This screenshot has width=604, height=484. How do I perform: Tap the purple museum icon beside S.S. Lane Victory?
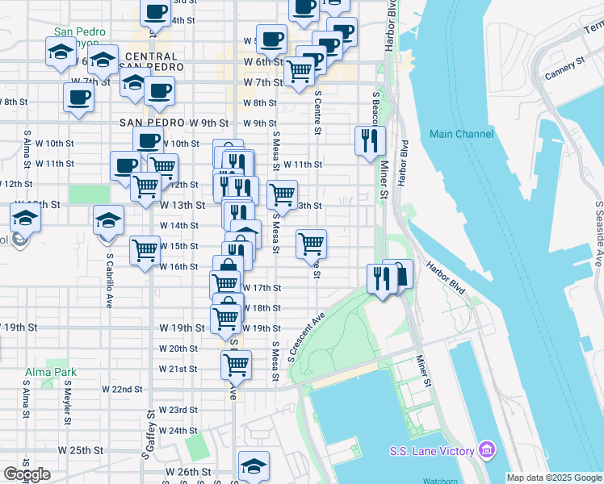486,449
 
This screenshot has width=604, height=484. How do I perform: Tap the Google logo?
27,474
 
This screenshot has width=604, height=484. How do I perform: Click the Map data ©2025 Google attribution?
554,478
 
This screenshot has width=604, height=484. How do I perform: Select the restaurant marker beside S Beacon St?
370,140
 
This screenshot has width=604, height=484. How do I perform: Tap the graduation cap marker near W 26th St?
254,465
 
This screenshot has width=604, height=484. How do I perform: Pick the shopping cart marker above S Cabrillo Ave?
145,249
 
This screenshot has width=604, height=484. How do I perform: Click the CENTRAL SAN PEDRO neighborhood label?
152,61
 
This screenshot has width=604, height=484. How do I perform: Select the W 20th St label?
178,348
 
